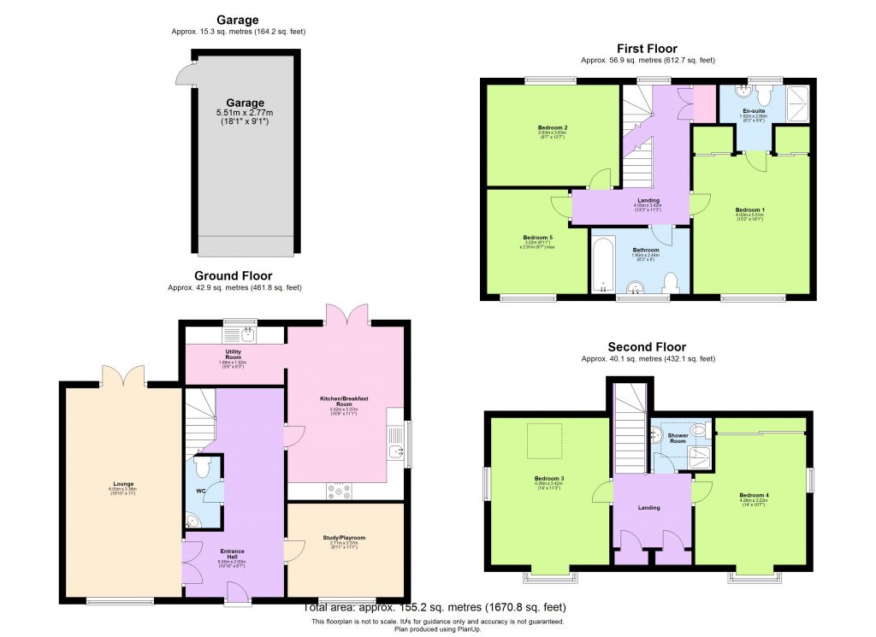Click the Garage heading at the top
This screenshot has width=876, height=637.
(x=238, y=19)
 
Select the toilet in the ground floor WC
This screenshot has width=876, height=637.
(x=203, y=468)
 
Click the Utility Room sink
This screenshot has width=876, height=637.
(x=247, y=333)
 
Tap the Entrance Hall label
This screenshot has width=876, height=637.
(x=233, y=551)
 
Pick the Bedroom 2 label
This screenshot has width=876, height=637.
(x=553, y=127)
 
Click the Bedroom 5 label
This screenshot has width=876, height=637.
(x=538, y=237)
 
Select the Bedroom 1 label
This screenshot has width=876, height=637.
(x=751, y=209)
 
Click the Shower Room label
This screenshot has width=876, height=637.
(x=678, y=436)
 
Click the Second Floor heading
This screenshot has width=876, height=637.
(x=647, y=347)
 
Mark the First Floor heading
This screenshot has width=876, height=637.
(x=647, y=49)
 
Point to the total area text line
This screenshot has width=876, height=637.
(x=437, y=608)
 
